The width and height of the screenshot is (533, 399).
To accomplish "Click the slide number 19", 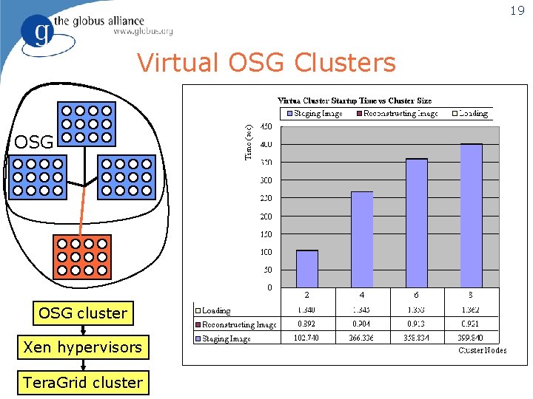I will tap(516, 10).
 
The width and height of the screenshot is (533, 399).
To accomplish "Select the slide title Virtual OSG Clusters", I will tap(266, 63).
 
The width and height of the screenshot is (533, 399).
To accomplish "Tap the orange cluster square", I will tap(82, 256).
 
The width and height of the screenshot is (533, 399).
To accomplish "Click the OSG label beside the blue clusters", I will tap(33, 142).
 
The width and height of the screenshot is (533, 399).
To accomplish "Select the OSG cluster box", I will tap(82, 313).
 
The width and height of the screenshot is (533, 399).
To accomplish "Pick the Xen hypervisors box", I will tap(82, 347).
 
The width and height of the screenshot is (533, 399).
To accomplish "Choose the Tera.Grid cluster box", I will tap(82, 382).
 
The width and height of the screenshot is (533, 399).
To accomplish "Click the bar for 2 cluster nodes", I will tap(307, 269).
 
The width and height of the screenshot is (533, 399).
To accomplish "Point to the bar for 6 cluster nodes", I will tap(416, 223).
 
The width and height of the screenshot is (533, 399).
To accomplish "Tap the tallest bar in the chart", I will tap(470, 216).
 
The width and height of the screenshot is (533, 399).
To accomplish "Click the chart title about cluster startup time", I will tap(355, 100).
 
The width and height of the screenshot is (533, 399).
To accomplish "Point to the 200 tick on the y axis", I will tap(265, 216).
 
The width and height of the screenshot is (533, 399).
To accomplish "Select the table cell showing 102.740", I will tap(307, 338).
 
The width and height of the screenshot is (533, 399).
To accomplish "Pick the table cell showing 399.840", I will tap(471, 338).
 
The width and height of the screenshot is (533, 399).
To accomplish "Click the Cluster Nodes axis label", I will tap(482, 350).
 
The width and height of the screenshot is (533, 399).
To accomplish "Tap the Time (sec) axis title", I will tap(249, 141).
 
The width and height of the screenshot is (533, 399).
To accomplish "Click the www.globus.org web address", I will tap(143, 31).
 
